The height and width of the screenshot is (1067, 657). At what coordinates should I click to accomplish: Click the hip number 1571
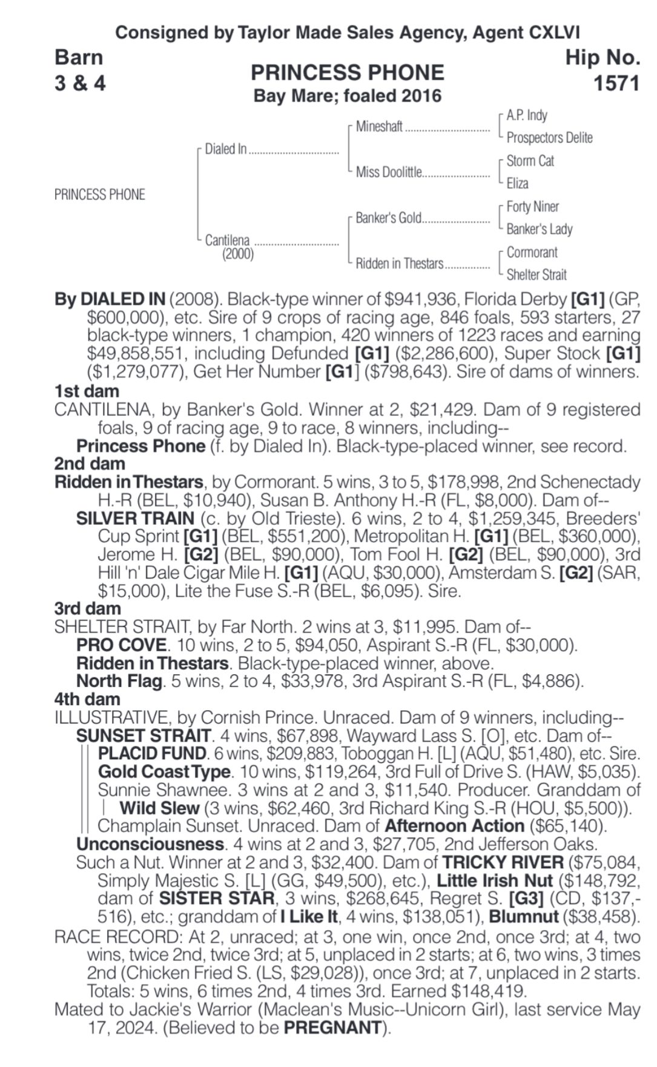(x=616, y=83)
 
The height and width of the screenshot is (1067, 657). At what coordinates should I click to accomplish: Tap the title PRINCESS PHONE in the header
(x=347, y=73)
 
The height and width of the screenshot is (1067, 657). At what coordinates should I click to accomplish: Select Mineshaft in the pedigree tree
(x=379, y=127)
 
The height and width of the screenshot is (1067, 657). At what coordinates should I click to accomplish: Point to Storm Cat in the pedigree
(x=530, y=161)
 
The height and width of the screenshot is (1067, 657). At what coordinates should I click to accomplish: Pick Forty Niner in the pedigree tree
(x=532, y=207)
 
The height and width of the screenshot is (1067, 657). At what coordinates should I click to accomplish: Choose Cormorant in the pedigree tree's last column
(x=532, y=252)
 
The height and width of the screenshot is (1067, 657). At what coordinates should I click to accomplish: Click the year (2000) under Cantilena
(x=237, y=254)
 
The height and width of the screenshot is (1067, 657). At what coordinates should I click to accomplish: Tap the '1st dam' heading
(x=87, y=391)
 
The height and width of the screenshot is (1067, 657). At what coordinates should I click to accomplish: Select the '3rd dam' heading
(x=87, y=608)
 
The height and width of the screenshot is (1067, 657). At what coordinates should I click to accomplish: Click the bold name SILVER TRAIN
(x=135, y=519)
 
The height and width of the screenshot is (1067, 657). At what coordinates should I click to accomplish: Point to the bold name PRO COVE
(x=121, y=645)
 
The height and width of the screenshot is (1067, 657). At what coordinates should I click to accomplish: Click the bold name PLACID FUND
(x=152, y=754)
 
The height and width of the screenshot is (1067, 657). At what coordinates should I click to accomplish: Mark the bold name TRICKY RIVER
(x=503, y=862)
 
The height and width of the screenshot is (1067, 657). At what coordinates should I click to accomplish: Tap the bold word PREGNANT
(x=332, y=1028)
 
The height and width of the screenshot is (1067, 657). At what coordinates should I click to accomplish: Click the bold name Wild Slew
(x=159, y=808)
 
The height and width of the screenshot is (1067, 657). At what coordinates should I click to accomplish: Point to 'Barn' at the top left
(x=79, y=57)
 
